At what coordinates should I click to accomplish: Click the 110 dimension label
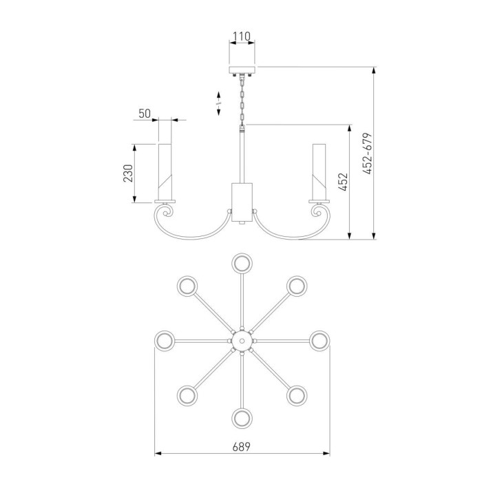(x=242, y=36)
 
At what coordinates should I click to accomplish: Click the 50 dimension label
(x=145, y=114)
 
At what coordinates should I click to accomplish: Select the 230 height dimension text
(x=128, y=174)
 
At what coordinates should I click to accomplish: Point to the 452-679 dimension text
(x=367, y=154)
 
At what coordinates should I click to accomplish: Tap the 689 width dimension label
(x=241, y=447)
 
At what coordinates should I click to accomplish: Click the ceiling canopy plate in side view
(x=242, y=70)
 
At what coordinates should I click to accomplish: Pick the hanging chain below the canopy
(x=242, y=100)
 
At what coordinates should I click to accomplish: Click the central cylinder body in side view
(x=242, y=202)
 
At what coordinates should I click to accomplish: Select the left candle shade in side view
(x=165, y=172)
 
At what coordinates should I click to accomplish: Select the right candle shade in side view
(x=319, y=172)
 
